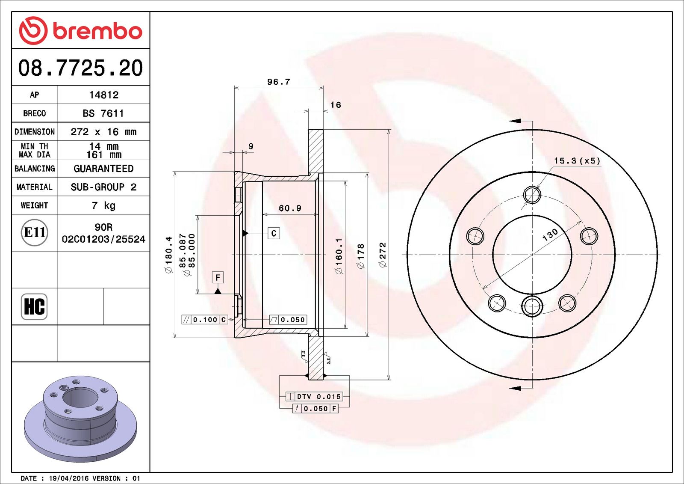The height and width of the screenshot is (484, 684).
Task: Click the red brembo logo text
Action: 97,31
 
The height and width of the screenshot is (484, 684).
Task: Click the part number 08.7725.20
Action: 80,68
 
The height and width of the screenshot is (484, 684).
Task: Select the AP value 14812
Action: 103,95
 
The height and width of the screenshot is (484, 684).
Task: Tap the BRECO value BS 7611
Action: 103,113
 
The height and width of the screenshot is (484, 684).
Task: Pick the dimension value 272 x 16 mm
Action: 103,132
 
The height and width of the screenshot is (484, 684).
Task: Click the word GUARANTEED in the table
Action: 103,169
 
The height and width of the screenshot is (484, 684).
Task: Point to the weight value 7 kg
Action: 103,205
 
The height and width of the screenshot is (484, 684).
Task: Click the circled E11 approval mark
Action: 35,232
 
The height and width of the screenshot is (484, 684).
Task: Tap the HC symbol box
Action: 34,306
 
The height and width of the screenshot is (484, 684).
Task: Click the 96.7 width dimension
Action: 279,82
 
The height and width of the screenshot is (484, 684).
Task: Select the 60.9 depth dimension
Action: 290,208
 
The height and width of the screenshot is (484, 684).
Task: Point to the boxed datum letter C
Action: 274,233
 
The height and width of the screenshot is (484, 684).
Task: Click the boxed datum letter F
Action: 218,277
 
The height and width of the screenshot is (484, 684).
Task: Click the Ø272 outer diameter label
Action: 383,255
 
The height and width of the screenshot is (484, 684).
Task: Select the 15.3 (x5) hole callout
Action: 577,161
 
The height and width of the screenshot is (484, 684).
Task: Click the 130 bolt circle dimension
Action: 550,234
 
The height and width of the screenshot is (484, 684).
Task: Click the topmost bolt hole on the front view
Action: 532,195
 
